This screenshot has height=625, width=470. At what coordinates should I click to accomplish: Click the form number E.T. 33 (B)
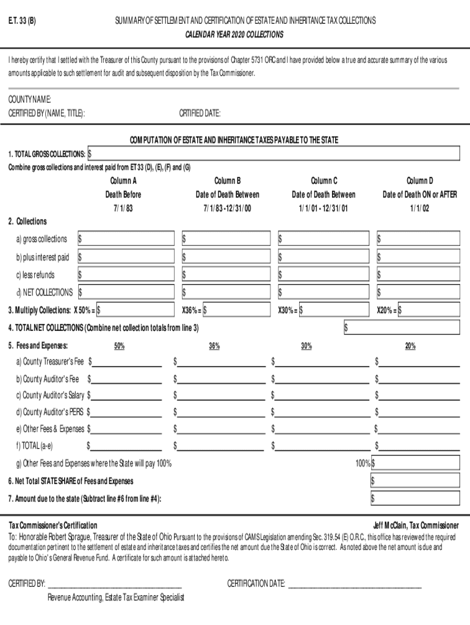[x=21, y=21]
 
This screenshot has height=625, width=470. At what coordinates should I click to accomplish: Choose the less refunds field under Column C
[x=323, y=275]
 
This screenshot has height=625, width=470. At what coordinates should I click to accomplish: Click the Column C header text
[x=324, y=181]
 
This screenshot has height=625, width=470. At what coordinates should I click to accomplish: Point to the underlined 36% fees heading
[x=214, y=347]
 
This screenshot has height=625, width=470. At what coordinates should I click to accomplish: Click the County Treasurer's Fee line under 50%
[x=127, y=363]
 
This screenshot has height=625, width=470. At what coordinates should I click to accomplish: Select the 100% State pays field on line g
[x=415, y=464]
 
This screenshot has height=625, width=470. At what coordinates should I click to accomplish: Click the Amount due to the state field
[x=415, y=499]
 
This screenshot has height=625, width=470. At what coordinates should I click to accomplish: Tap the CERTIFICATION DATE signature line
[x=355, y=585]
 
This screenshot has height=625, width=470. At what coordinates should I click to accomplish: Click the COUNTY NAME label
[x=29, y=99]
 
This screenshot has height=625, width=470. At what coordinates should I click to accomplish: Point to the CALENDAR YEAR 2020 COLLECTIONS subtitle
[x=234, y=35]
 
